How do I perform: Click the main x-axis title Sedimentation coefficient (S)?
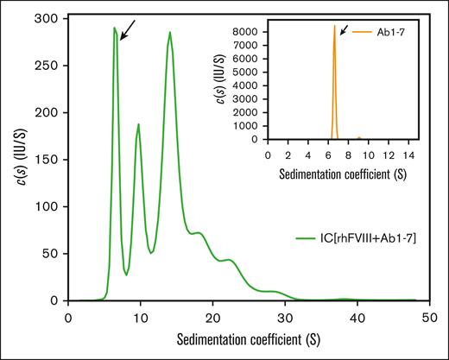point(248,338)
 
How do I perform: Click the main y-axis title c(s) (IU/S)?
point(16,160)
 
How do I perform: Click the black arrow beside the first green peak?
point(128,31)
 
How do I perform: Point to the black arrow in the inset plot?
point(344,31)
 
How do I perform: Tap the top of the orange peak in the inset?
point(335,26)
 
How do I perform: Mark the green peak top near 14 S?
point(169,33)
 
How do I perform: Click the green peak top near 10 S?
point(138,124)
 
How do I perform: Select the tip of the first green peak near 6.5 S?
point(114,28)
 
